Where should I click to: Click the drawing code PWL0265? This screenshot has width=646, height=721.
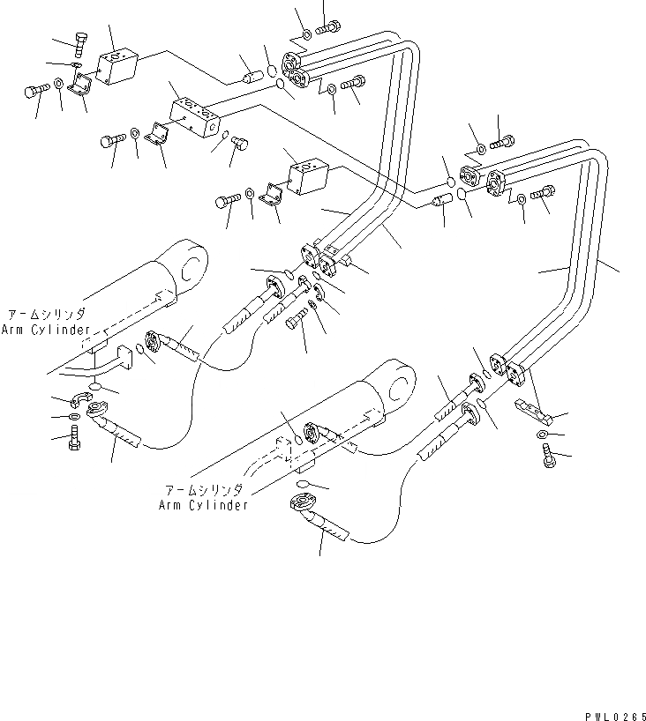[x=613, y=714]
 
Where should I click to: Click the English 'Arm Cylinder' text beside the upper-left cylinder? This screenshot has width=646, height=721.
[x=45, y=330]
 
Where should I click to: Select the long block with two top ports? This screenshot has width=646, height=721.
[x=195, y=119]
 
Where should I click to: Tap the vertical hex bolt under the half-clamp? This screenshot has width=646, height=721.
[x=75, y=437]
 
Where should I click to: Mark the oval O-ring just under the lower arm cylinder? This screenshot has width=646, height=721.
[x=302, y=486]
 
